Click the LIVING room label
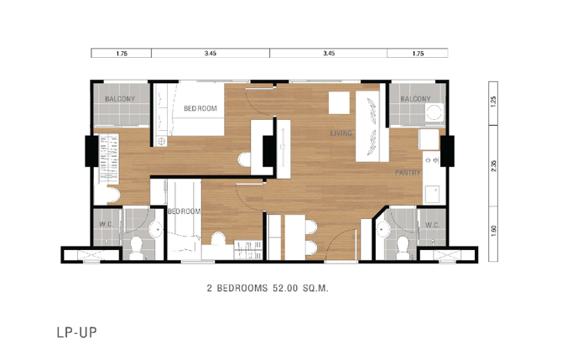(x=341, y=133)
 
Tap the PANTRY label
(x=408, y=173)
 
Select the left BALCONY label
(x=120, y=99)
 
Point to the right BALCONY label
(x=415, y=99)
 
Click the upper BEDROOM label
(x=200, y=108)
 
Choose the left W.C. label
(x=106, y=224)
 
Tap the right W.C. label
(x=432, y=225)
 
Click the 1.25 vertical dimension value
(x=493, y=102)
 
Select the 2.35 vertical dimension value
(x=493, y=165)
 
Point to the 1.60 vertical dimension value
(x=493, y=231)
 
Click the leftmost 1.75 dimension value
(x=122, y=54)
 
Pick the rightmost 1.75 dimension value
(x=418, y=54)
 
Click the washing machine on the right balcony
(x=435, y=113)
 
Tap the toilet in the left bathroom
(x=136, y=247)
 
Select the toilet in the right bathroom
(x=403, y=248)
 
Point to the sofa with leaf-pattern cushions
(x=372, y=126)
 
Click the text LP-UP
(x=76, y=332)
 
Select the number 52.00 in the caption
(x=285, y=288)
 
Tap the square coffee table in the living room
(x=339, y=103)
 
